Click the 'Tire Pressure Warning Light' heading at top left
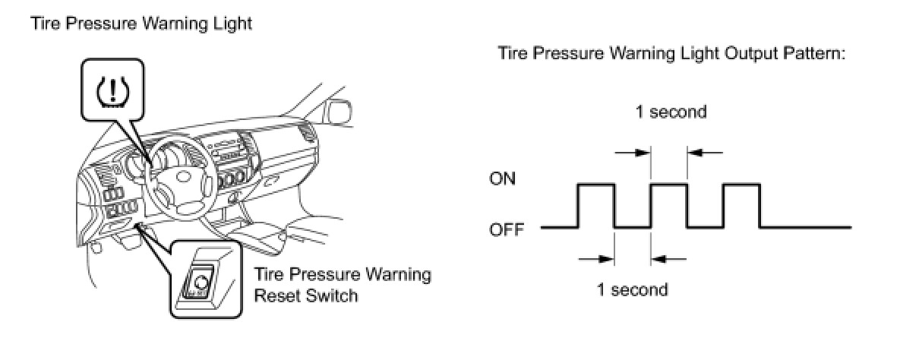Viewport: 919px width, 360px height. (x=141, y=24)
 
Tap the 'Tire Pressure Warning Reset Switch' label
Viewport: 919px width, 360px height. (x=342, y=285)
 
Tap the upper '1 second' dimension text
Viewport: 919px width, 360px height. (x=671, y=112)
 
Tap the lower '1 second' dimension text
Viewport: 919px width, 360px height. (x=632, y=289)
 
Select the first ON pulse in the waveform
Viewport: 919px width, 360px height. (x=597, y=185)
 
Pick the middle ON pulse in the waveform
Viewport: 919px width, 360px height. (x=669, y=185)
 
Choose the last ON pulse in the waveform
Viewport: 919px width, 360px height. (x=742, y=185)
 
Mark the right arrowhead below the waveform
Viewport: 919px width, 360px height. (x=658, y=258)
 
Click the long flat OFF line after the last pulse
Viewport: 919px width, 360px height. (x=805, y=227)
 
